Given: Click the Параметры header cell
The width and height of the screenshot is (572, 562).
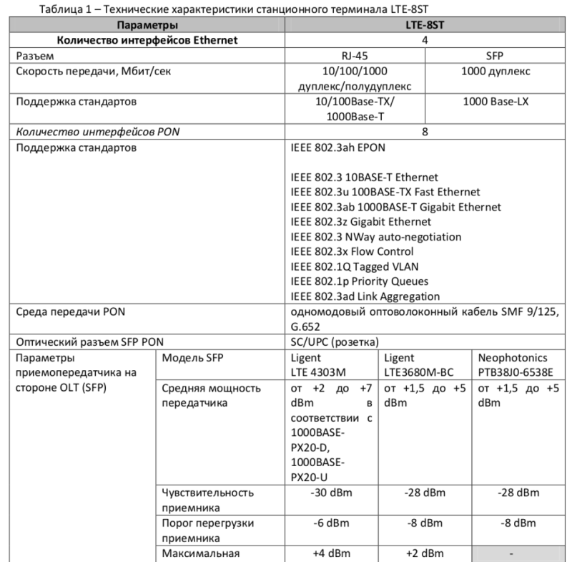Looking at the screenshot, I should coord(147,25).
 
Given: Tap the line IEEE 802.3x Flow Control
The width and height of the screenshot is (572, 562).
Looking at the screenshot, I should coord(352,251).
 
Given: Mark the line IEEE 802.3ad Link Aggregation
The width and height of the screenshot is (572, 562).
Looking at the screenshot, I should coord(365,296).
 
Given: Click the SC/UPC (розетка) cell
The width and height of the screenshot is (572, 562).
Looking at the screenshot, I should coord(335,341).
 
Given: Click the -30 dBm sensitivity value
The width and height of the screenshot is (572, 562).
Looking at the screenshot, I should coord(330,493).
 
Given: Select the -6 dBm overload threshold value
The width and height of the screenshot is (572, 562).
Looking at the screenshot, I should coord(330,523).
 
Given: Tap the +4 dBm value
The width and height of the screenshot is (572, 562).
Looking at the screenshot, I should coord(330,553).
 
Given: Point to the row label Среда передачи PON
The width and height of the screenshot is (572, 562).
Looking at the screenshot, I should coord(71,311).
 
